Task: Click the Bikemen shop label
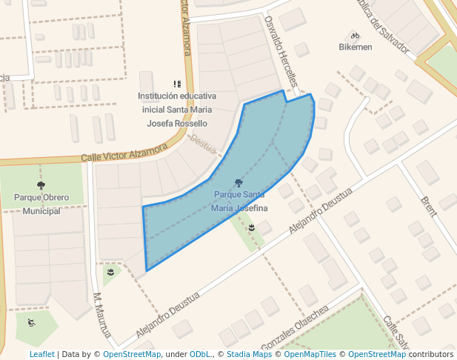click(355, 47)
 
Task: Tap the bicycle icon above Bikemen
click(355, 36)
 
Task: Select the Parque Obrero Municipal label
click(41, 204)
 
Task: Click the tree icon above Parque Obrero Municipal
click(41, 185)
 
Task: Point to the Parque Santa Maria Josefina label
click(238, 201)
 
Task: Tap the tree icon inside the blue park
click(238, 182)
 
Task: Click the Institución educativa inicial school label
click(177, 110)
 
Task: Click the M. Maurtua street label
click(102, 316)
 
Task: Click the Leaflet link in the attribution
click(41, 354)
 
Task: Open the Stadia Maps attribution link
click(249, 354)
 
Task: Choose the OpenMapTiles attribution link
click(310, 354)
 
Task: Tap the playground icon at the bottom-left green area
click(31, 322)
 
